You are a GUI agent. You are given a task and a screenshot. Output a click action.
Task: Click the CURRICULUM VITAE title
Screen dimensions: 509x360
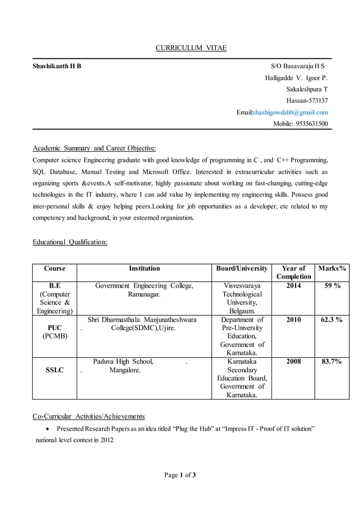(191, 48)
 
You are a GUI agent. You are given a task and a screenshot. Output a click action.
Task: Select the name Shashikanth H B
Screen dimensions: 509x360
(56, 66)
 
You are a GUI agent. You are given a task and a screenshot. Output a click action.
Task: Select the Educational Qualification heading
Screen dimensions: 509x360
(70, 242)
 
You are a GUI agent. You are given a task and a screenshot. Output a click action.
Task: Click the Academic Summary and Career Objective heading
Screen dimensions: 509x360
(94, 148)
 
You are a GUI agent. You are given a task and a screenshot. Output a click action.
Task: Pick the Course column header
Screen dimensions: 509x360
(55, 269)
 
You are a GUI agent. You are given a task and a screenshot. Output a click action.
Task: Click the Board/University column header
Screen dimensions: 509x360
(242, 269)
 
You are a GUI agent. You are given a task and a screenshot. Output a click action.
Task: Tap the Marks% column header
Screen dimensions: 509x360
(331, 269)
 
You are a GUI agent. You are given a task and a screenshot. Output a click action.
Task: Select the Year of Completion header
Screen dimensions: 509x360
(293, 273)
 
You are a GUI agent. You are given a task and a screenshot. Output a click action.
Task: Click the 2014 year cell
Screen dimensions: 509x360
(293, 286)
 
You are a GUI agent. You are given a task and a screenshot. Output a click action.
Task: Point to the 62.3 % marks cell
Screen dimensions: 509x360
(331, 320)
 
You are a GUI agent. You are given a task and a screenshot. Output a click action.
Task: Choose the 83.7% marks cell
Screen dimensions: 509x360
(331, 362)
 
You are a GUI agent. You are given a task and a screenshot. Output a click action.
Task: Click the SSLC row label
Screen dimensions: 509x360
(55, 370)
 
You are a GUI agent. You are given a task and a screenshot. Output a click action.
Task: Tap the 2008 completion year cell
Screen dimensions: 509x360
(293, 362)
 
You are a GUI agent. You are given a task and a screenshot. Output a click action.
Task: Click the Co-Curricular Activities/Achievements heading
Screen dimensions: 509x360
(89, 416)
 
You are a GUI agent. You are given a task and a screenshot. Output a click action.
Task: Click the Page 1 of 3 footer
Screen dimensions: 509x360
(180, 475)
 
